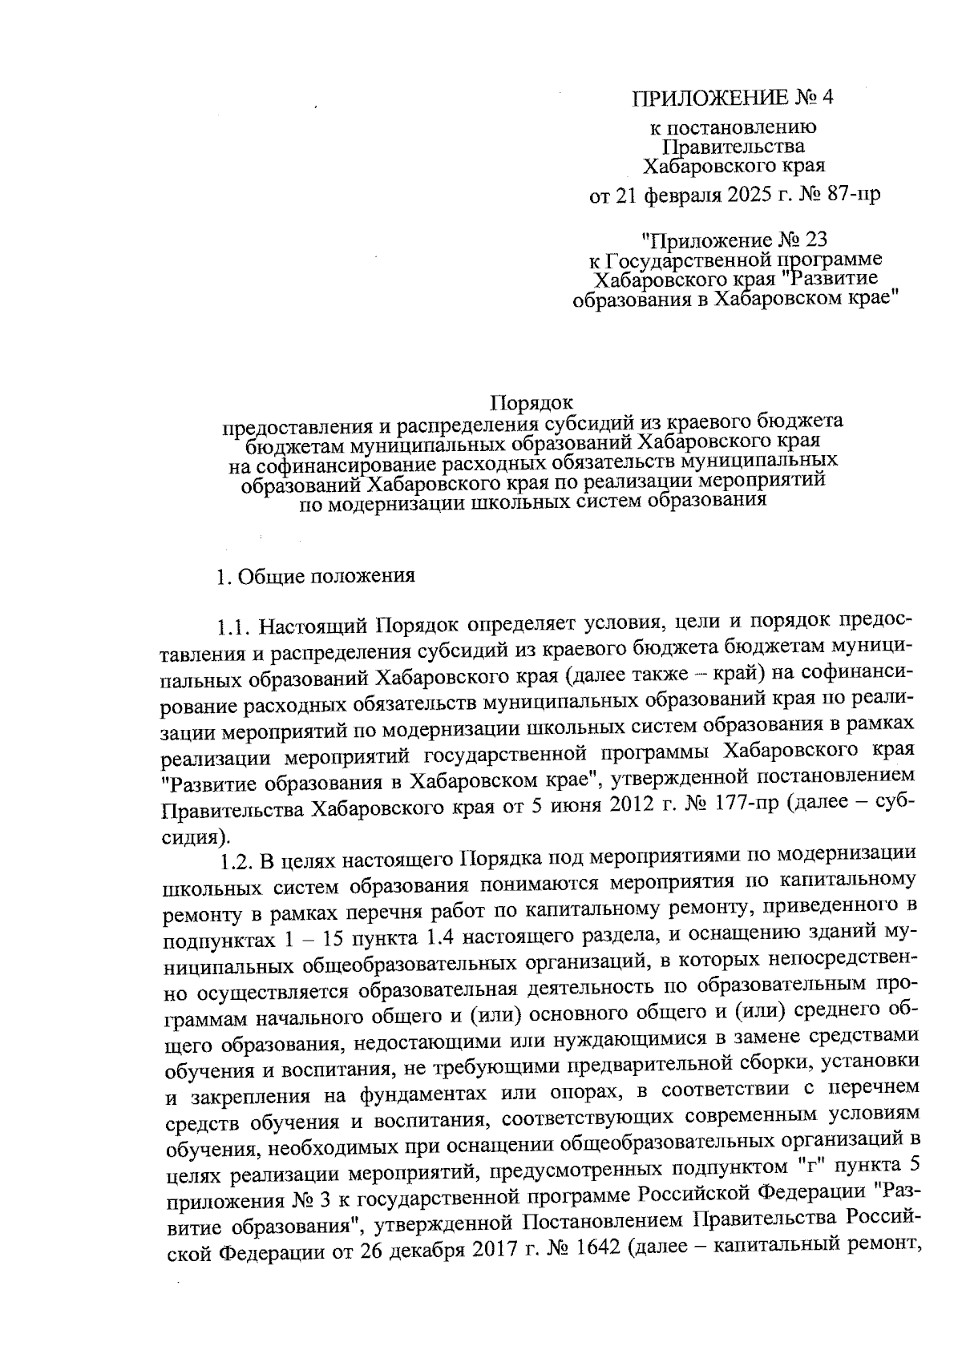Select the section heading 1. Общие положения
tap(316, 577)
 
